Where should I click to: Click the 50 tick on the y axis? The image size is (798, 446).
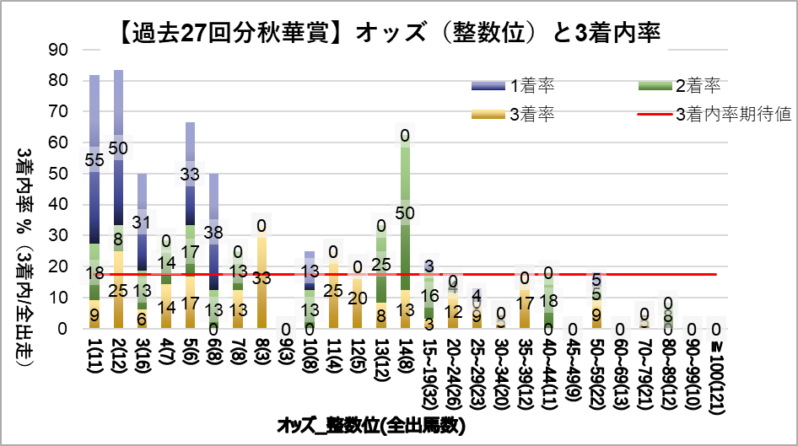58,174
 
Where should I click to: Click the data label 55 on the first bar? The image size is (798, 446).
94,159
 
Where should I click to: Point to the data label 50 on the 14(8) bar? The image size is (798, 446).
405,212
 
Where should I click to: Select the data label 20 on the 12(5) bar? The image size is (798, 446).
358,298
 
